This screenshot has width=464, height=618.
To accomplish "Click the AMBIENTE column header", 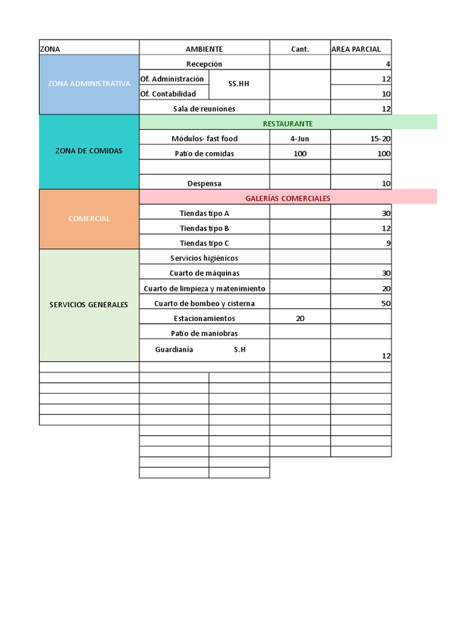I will pos(204,49).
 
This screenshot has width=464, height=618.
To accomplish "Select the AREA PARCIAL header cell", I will pos(356,49).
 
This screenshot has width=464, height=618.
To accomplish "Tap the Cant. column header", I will pos(300,49).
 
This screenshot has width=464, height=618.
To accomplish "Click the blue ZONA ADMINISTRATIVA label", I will pos(89,84).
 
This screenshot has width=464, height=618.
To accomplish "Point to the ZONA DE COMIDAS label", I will pos(89,151).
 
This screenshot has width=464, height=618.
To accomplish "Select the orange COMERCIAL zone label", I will pos(89,218).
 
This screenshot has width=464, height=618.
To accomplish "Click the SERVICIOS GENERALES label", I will pos(89,305).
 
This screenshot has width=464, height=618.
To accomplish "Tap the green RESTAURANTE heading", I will pos(288,123).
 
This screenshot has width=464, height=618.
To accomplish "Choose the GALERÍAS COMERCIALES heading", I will pos(288,198).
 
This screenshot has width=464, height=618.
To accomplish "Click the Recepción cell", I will pos(204,64).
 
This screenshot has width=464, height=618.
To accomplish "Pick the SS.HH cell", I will pos(239,84).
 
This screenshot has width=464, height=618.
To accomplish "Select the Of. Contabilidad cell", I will pos(168,94).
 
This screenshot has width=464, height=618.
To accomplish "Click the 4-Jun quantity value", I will pos(300,138).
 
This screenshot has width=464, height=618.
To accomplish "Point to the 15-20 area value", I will pos(381,138).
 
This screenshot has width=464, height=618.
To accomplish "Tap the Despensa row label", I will pos(204,183).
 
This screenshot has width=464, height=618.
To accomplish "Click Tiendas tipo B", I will pos(204,228).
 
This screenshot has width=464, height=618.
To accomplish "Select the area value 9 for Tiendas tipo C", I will pos(388,243).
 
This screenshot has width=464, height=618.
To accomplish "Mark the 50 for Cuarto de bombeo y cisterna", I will pos(385,304).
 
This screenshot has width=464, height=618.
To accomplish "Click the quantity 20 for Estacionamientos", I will pos(300,318).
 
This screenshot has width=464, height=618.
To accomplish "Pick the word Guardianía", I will pos(174,349).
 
